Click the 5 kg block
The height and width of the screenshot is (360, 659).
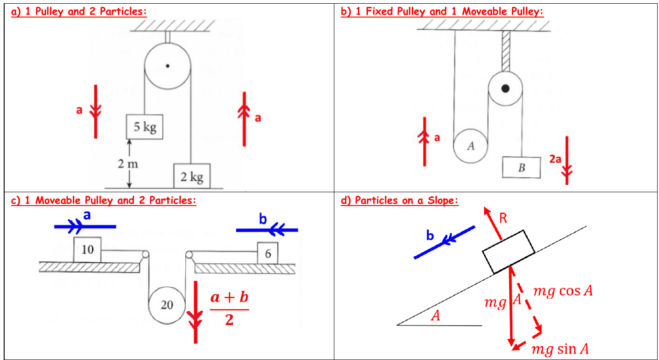point(144,127)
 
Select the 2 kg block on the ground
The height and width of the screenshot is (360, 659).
point(192,176)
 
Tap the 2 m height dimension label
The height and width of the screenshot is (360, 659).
point(128,164)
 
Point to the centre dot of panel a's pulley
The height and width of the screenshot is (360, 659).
point(168,66)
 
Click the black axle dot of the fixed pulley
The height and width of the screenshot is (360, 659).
point(505,88)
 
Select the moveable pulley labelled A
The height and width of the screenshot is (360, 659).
point(470,146)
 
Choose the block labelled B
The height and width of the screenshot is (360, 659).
point(521,167)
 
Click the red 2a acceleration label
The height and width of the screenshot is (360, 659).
point(555,159)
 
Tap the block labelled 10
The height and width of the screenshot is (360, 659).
point(87,249)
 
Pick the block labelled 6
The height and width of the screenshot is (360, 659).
point(267,253)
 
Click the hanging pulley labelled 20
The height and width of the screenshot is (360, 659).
point(167,305)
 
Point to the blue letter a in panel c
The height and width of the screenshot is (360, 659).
point(87,215)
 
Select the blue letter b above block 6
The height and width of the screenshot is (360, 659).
point(263,219)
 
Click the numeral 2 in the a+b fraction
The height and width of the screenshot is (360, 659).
point(230,320)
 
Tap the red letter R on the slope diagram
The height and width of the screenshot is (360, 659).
point(503,218)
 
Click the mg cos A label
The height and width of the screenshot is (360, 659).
point(563,291)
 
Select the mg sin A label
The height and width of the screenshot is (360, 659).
point(560,349)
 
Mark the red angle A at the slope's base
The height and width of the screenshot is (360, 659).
point(436,316)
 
